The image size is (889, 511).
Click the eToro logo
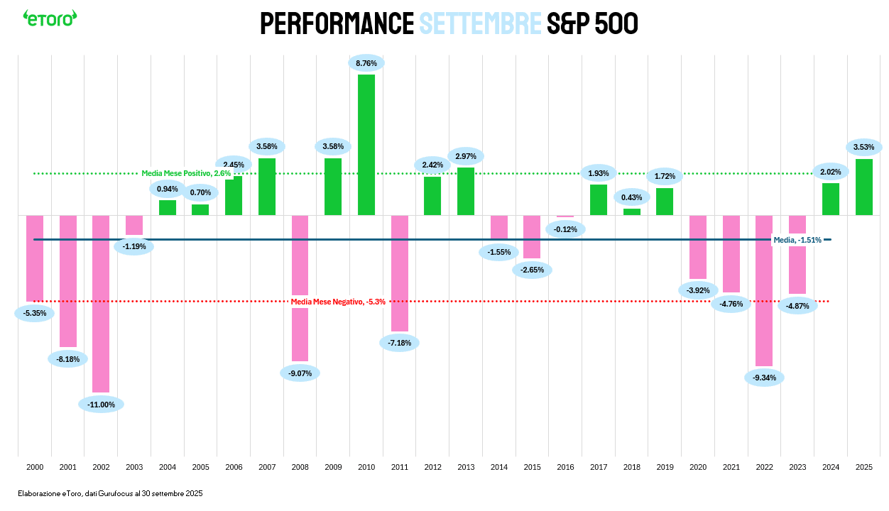coord(50,18)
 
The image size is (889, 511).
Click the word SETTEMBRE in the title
coord(480,23)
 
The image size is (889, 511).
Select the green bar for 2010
coord(366,145)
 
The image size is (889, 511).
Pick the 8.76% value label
coord(366,63)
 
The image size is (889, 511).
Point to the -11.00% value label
coord(101,405)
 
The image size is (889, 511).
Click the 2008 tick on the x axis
coord(300,468)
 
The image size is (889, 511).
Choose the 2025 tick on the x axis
coord(864,468)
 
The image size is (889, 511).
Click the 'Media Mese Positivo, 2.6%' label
coord(186,173)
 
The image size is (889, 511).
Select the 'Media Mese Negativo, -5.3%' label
coord(338,302)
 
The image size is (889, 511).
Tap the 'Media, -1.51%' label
coord(797,240)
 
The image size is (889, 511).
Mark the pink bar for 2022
coord(764,290)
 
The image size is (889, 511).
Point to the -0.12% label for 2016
coord(565,229)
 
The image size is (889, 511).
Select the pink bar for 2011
coord(400,273)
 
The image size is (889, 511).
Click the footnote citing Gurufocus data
coord(111,493)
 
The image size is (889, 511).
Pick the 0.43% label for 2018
coord(632,197)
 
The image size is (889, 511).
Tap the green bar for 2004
coord(168,207)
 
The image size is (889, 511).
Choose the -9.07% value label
coord(300,373)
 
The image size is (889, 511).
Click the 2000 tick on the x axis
coord(35,468)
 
